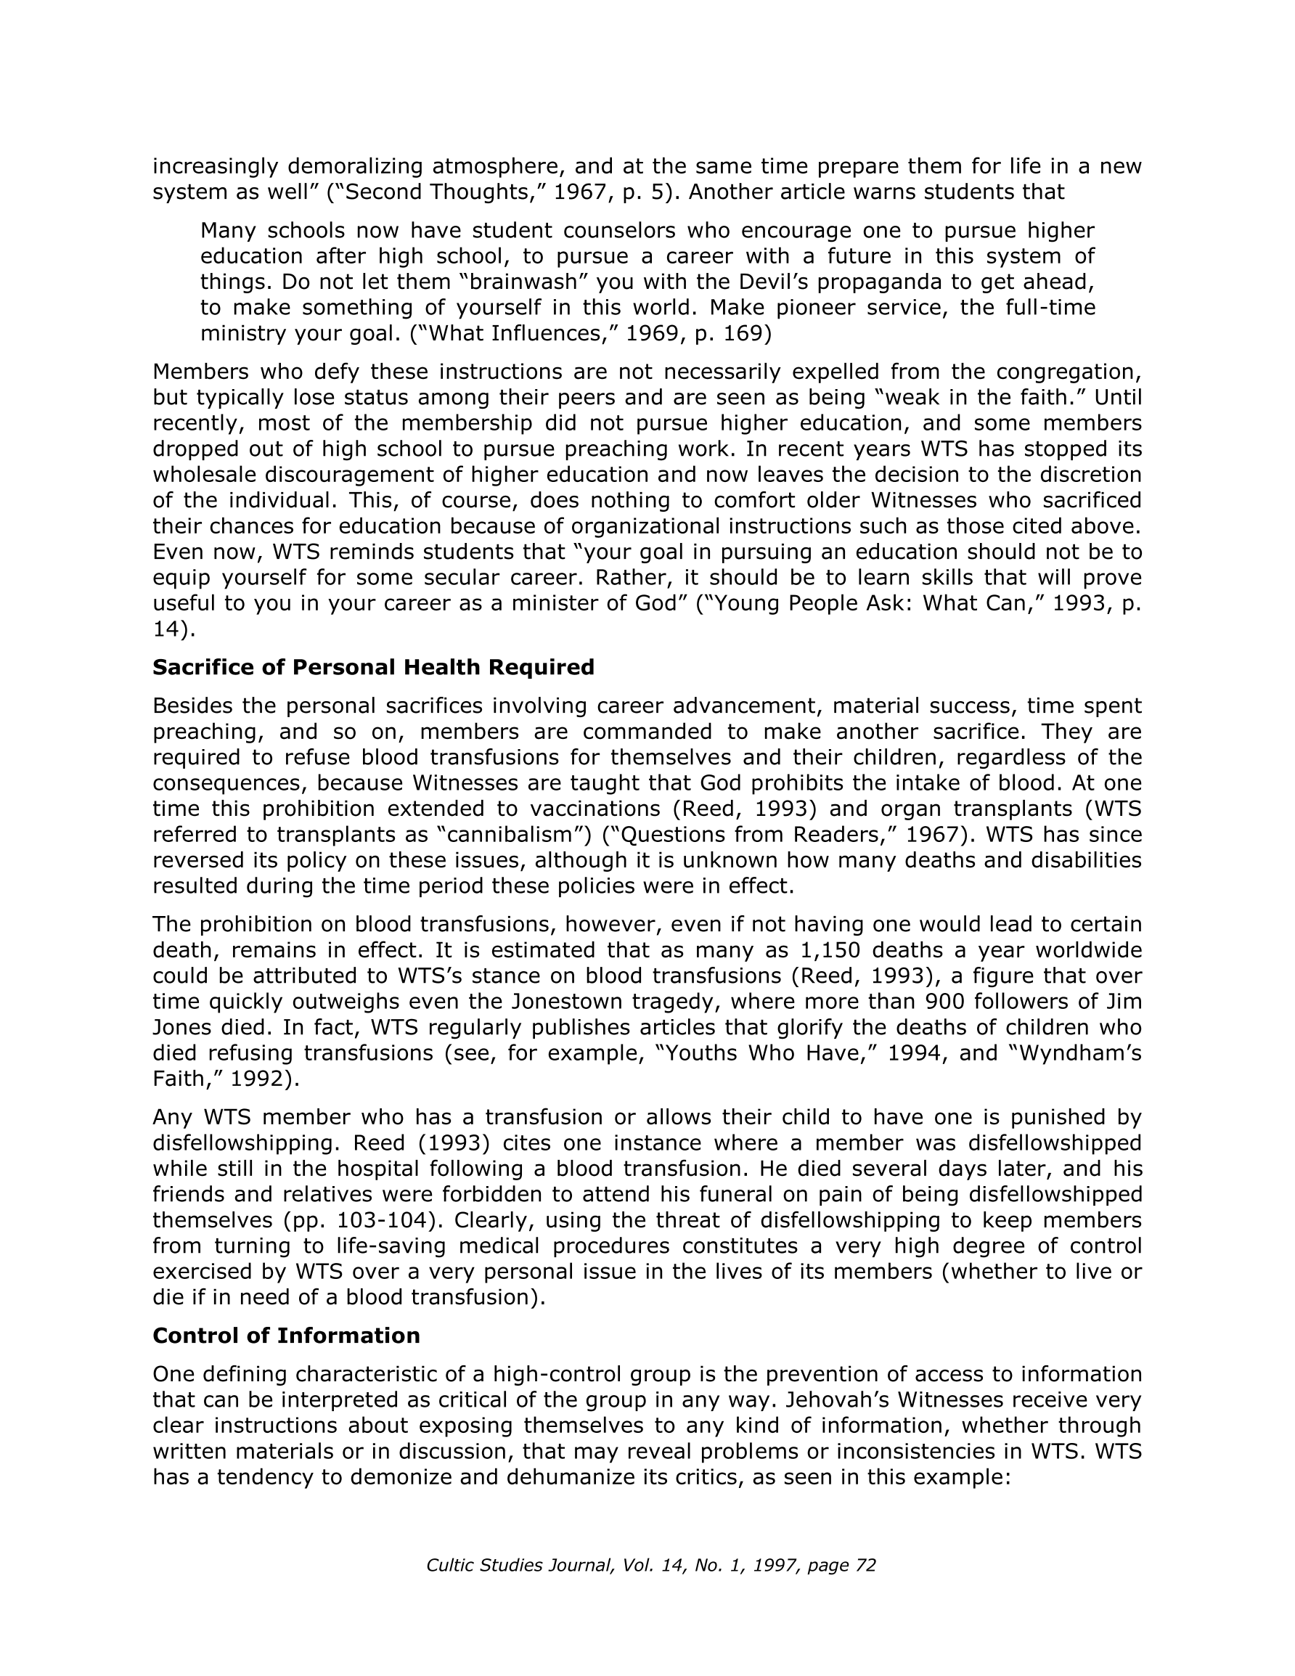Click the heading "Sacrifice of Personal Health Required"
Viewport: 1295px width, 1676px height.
pyautogui.click(x=373, y=668)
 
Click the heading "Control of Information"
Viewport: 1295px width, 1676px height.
pyautogui.click(x=286, y=1336)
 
